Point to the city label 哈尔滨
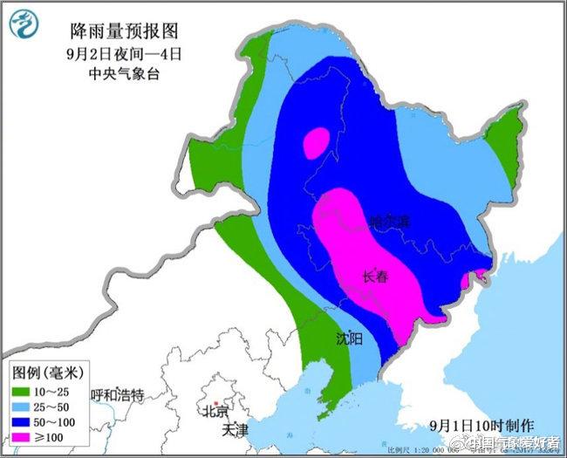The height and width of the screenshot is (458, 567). [x=388, y=222]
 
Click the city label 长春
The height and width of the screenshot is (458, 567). [x=375, y=277]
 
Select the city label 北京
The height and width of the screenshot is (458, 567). [x=215, y=411]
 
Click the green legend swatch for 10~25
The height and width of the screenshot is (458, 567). [x=23, y=391]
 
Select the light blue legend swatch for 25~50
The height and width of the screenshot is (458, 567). [x=23, y=407]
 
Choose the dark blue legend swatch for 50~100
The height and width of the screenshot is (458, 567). [x=23, y=422]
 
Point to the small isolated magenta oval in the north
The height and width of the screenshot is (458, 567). [x=316, y=142]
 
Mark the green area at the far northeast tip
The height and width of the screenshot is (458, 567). [x=503, y=140]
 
